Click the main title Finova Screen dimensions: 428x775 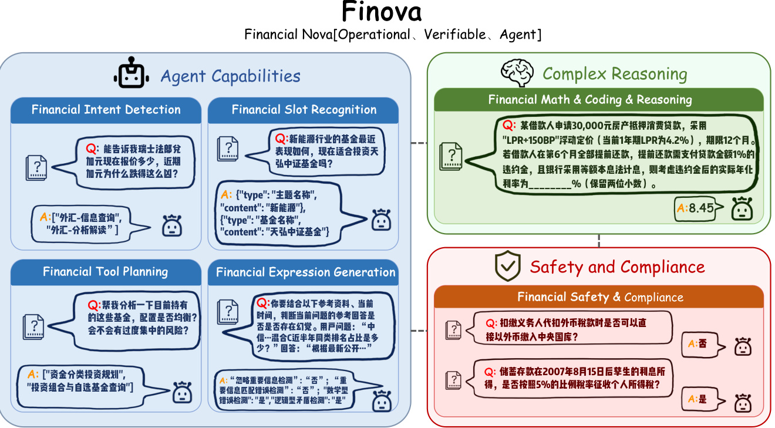[382, 12]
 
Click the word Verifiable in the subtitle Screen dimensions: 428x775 [453, 35]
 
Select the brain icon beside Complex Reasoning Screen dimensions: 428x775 [518, 73]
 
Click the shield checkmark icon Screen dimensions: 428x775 [508, 267]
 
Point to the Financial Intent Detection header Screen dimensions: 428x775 [106, 110]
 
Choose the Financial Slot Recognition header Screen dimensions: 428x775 [304, 110]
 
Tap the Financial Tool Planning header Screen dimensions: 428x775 [106, 272]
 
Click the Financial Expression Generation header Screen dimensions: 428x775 [305, 272]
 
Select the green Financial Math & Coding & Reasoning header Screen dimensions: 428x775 [598, 100]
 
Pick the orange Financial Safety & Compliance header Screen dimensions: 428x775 [599, 297]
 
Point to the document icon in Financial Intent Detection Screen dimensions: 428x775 [36, 167]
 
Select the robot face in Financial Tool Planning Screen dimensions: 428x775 [182, 392]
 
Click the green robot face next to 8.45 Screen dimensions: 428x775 [742, 209]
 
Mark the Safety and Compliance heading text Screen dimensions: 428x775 [617, 267]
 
